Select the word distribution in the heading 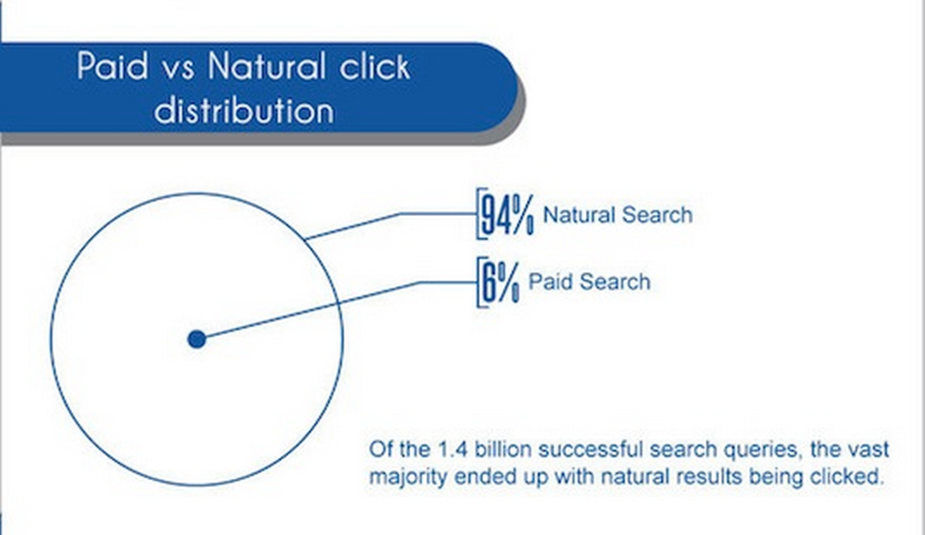(244, 110)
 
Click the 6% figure (501, 282)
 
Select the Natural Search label (617, 215)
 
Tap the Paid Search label (589, 281)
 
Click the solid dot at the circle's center (197, 339)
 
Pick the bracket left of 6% (479, 282)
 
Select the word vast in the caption (869, 450)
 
